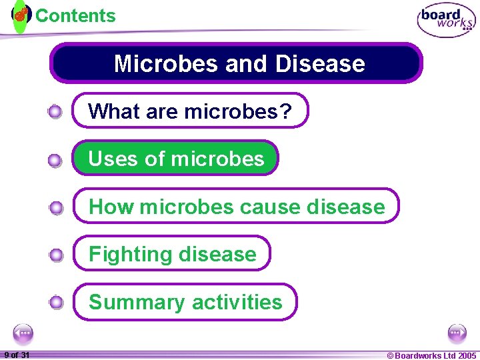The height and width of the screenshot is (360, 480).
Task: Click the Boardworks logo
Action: click(x=447, y=21)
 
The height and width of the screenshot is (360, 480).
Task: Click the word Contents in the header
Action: click(x=75, y=15)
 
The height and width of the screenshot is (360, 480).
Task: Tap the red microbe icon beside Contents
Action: click(x=21, y=14)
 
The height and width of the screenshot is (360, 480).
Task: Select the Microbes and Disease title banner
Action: click(x=237, y=63)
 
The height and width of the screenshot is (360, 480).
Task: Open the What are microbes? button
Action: click(x=191, y=111)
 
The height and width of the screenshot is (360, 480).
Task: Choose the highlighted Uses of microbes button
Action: click(x=175, y=158)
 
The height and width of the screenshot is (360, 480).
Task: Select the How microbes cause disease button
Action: click(x=236, y=206)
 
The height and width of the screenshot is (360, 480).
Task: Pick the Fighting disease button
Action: click(x=172, y=254)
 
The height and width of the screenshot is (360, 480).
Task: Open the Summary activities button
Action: click(x=185, y=302)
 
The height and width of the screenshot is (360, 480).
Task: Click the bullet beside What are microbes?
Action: click(x=56, y=111)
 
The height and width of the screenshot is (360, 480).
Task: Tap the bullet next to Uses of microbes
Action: click(x=56, y=160)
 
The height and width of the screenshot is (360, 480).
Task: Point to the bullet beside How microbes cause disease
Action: click(x=56, y=208)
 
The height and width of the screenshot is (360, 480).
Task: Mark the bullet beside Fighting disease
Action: click(x=56, y=255)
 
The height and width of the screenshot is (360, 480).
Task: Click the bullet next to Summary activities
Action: click(x=56, y=303)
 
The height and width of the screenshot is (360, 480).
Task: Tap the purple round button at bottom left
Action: click(x=23, y=333)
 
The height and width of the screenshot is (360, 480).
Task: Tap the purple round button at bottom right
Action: click(x=457, y=333)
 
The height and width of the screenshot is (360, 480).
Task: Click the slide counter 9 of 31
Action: click(x=16, y=355)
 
